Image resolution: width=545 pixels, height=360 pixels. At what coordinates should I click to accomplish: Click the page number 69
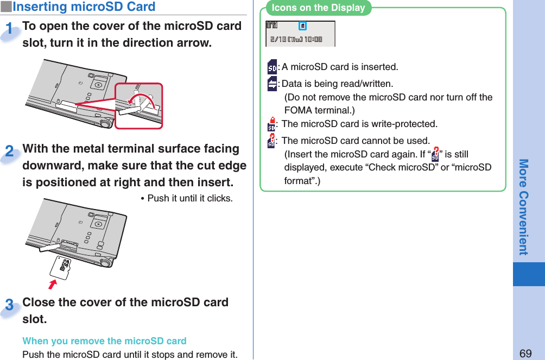525,353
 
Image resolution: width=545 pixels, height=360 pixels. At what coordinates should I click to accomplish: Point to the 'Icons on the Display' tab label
318,8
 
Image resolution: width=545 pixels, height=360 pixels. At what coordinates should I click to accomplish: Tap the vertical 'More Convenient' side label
523,206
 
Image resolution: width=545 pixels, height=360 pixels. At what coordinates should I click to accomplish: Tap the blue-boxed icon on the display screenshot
303,26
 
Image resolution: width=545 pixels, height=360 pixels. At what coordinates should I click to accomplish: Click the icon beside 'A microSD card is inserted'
272,67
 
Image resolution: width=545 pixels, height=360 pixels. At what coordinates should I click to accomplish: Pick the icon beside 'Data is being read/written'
272,84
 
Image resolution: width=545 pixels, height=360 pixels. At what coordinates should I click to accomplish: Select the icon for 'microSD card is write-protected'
271,124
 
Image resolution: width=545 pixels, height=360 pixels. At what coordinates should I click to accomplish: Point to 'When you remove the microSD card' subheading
104,341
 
